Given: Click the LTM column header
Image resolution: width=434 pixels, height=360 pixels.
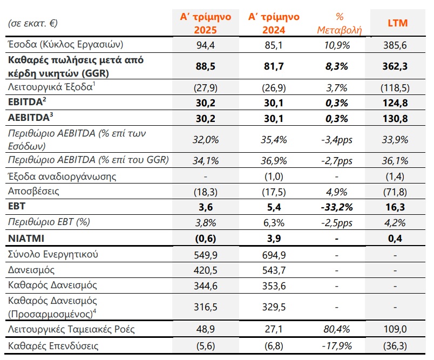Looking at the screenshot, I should [398, 23].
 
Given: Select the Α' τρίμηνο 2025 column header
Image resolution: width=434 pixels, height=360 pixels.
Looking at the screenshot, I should [205, 23].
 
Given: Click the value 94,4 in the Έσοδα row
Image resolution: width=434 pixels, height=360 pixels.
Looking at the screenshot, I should [205, 45].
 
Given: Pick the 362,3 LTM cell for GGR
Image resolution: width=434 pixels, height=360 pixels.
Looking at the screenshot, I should [398, 66].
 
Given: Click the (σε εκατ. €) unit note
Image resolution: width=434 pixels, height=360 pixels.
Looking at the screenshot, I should [34, 23].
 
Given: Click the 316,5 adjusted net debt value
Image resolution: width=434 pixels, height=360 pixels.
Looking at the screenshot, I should [205, 307].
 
